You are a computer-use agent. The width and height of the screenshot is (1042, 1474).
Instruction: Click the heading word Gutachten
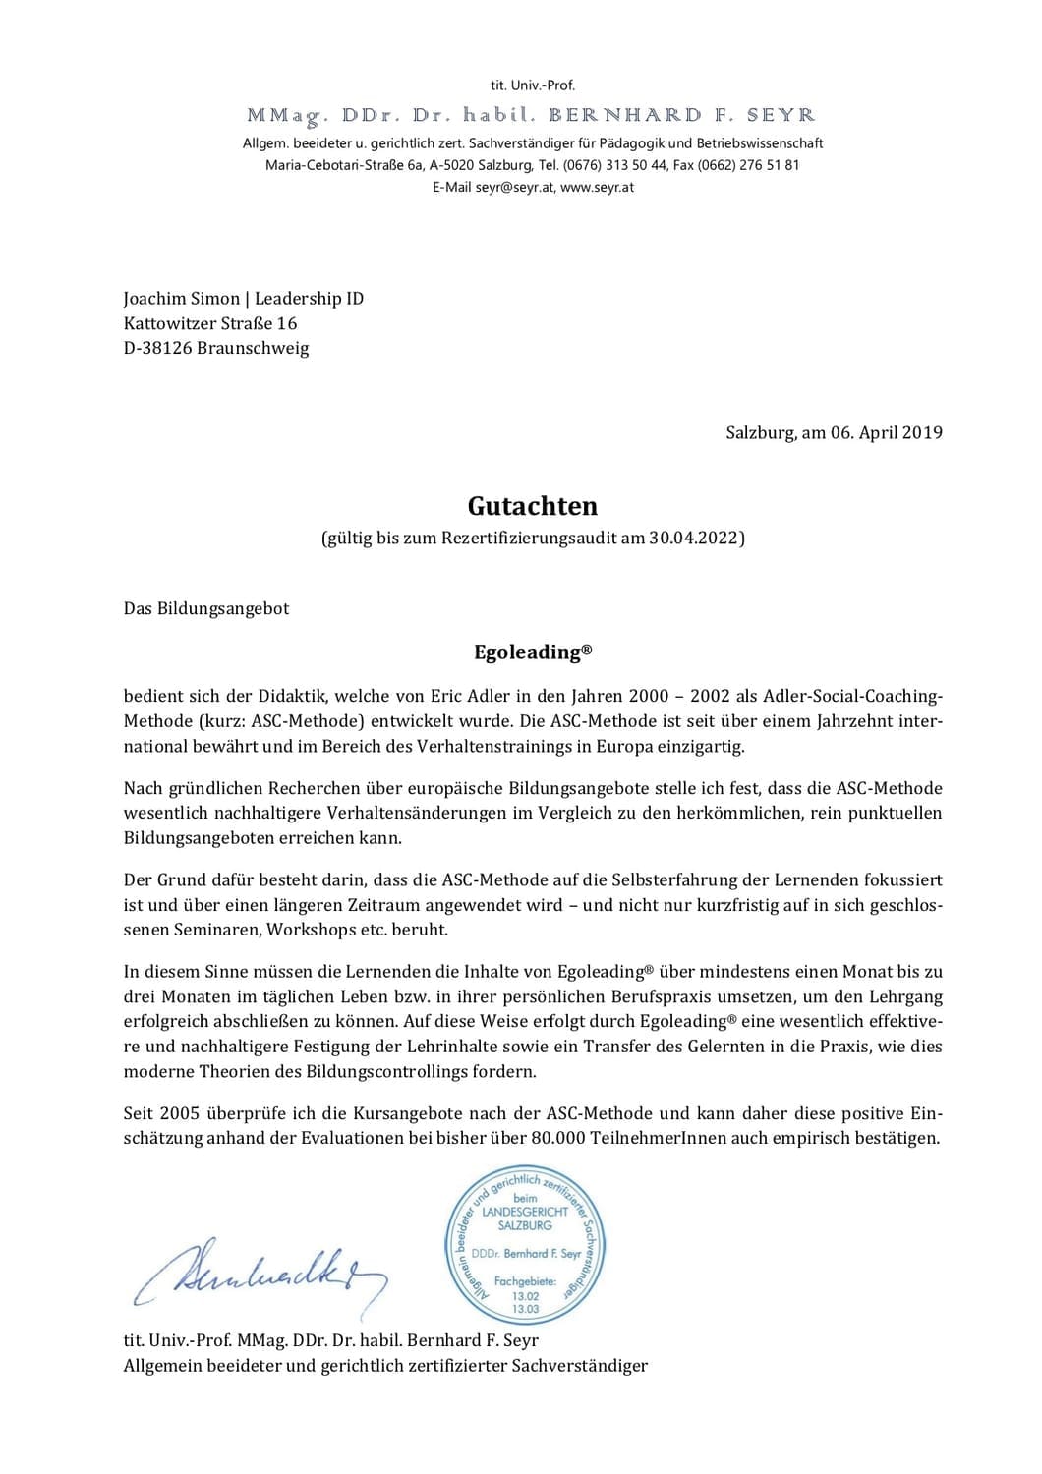click(x=532, y=506)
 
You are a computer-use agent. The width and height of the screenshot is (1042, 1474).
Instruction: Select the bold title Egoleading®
click(x=532, y=652)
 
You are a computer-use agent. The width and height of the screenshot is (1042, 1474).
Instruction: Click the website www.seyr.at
click(x=597, y=187)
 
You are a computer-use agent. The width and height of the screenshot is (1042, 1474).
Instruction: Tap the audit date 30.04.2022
click(x=693, y=538)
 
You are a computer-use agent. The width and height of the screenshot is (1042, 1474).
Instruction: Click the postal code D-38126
click(x=157, y=348)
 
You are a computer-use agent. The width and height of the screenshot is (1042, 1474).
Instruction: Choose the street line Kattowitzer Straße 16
click(x=210, y=323)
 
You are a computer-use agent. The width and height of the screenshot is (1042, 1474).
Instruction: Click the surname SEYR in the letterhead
click(x=781, y=116)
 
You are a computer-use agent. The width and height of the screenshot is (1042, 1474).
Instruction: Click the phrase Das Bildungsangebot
click(x=206, y=608)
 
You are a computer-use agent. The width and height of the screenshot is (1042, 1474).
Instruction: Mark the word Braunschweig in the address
click(x=253, y=348)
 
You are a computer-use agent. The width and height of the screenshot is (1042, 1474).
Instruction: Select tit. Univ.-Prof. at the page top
click(x=532, y=85)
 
